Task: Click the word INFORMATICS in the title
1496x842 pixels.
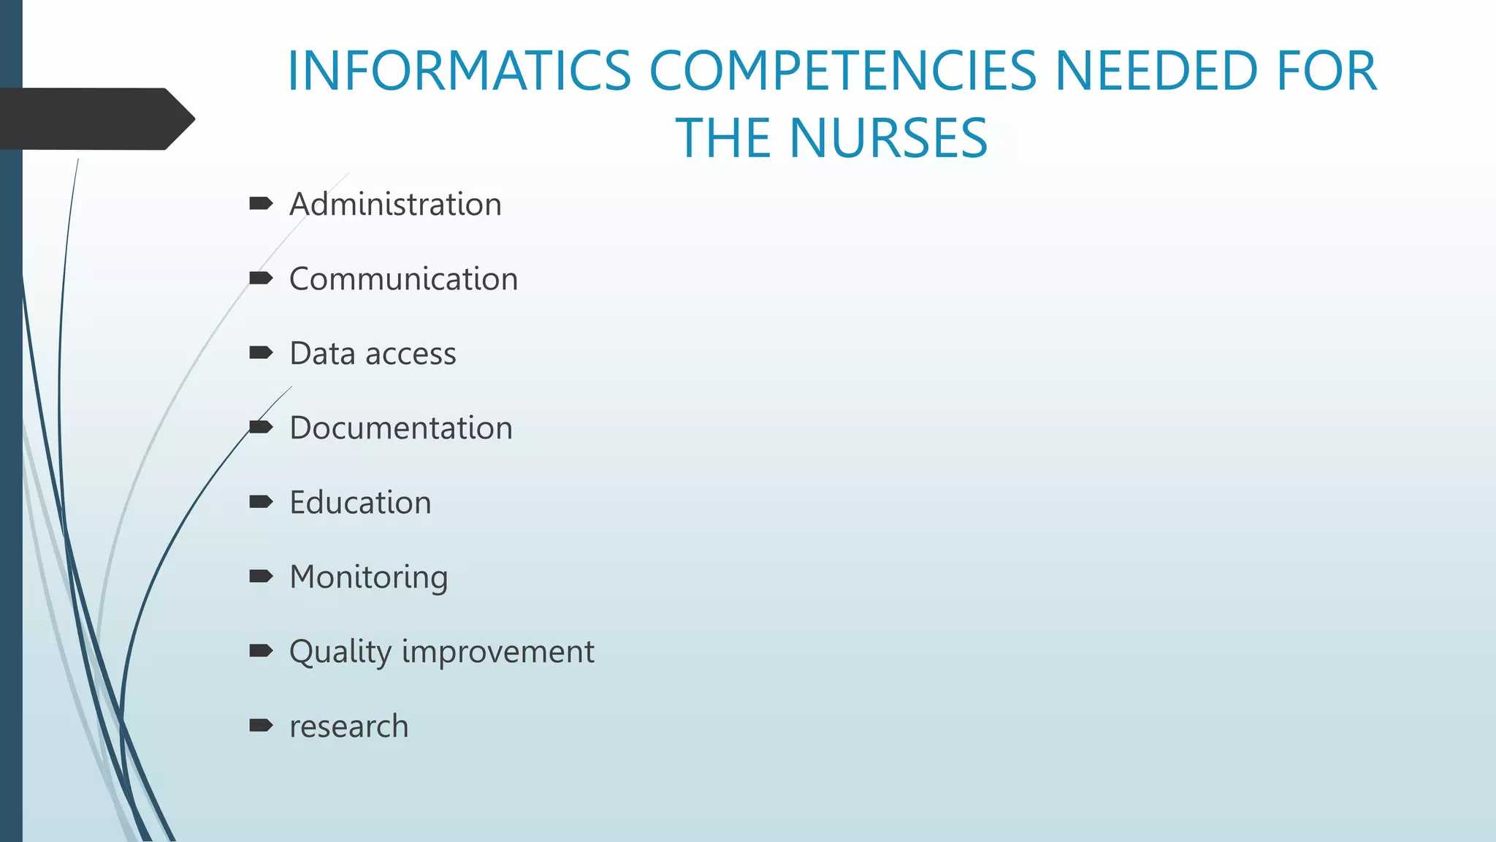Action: (459, 71)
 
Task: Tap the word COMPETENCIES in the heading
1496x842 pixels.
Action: (843, 71)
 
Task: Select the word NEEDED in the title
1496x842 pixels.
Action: (1156, 71)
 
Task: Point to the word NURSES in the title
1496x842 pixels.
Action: (888, 138)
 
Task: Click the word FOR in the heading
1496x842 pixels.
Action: (1327, 71)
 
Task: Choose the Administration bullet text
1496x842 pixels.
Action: (395, 204)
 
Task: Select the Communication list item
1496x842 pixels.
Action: (403, 278)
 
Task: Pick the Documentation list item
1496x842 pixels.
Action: (401, 428)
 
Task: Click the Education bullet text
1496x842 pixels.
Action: (360, 502)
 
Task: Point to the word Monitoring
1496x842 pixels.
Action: (369, 577)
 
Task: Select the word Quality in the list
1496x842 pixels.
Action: (340, 652)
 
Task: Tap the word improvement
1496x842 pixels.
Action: (498, 651)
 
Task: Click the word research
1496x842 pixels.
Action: (348, 727)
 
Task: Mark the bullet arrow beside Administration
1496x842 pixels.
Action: (261, 203)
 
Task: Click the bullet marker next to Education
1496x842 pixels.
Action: (261, 501)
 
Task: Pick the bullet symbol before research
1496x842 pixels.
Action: (261, 725)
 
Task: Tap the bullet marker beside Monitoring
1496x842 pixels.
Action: (261, 576)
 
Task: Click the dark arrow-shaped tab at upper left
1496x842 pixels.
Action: (95, 119)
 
